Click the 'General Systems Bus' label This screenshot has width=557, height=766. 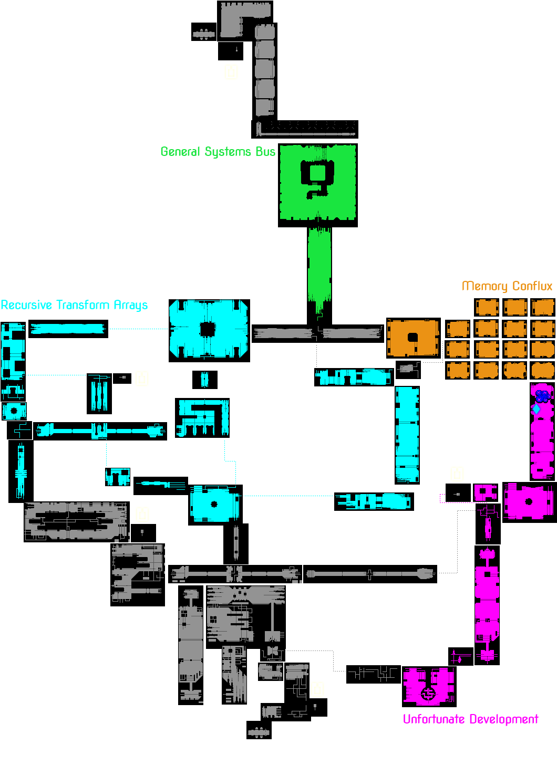point(218,152)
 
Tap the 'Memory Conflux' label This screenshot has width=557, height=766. point(507,286)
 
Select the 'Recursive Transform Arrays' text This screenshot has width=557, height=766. point(74,305)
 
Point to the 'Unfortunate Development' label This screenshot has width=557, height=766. point(470,719)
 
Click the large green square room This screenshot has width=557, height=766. point(318,182)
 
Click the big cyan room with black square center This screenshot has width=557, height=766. point(209,329)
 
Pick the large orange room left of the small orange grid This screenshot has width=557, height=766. point(413,338)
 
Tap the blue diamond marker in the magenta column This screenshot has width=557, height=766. point(536,409)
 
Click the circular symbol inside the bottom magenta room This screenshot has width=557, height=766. point(429,694)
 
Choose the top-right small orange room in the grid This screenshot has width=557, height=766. point(543,308)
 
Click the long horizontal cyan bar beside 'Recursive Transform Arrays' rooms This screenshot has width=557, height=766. point(67,329)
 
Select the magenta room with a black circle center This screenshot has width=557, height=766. point(528,501)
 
